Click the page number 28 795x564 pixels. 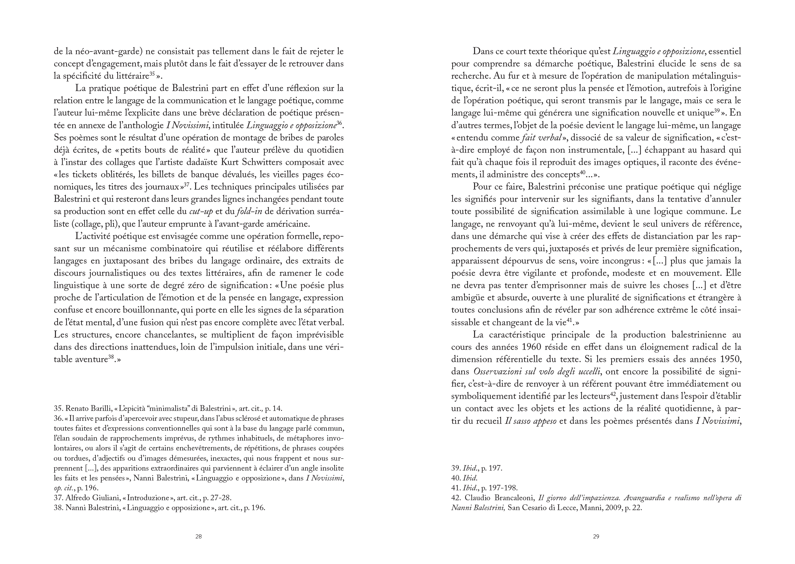(198, 537)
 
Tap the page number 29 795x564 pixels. (596, 537)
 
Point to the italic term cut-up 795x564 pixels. (201, 212)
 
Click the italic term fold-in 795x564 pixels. (250, 212)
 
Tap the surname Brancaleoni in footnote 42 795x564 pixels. (516, 498)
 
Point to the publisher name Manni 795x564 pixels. (589, 508)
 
